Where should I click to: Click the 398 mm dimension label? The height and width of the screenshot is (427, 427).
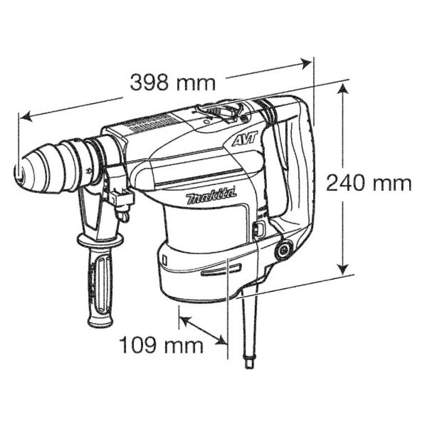(x=173, y=83)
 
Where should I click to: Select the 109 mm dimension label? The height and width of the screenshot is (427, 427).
(x=161, y=345)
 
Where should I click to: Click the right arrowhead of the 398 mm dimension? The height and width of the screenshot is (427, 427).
(x=307, y=63)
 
